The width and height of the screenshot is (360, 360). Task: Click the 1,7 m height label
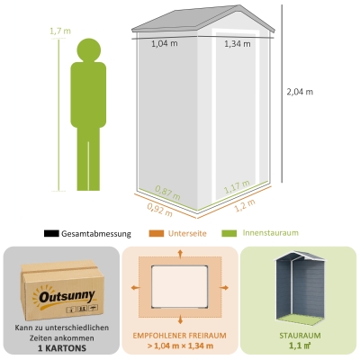pyautogui.click(x=60, y=31)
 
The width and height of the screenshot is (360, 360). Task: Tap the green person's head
pyautogui.click(x=89, y=50)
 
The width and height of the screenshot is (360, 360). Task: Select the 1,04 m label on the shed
pyautogui.click(x=165, y=43)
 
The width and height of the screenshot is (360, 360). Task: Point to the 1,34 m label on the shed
pyautogui.click(x=238, y=44)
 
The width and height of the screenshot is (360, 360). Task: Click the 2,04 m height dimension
pyautogui.click(x=300, y=92)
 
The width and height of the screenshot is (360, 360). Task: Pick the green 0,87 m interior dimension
pyautogui.click(x=168, y=193)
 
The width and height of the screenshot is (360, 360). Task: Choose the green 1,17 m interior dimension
pyautogui.click(x=237, y=186)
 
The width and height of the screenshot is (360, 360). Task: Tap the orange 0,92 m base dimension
pyautogui.click(x=160, y=210)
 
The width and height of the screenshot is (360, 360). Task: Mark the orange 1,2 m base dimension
pyautogui.click(x=245, y=205)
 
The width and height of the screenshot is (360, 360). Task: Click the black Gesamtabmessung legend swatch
pyautogui.click(x=51, y=233)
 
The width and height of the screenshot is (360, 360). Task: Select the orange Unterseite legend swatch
pyautogui.click(x=157, y=233)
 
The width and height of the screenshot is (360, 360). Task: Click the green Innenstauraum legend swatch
pyautogui.click(x=229, y=233)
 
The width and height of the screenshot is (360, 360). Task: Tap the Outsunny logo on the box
pyautogui.click(x=66, y=298)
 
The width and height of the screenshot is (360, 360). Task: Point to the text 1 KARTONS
pyautogui.click(x=62, y=348)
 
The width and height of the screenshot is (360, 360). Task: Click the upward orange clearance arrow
pyautogui.click(x=180, y=254)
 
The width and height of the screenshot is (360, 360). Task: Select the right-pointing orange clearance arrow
pyautogui.click(x=224, y=288)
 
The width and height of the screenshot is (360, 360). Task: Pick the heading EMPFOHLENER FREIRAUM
pyautogui.click(x=180, y=336)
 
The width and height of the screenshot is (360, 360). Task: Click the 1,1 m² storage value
pyautogui.click(x=300, y=346)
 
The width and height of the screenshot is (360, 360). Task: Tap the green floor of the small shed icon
pyautogui.click(x=300, y=319)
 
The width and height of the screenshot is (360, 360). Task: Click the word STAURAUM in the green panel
pyautogui.click(x=300, y=336)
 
